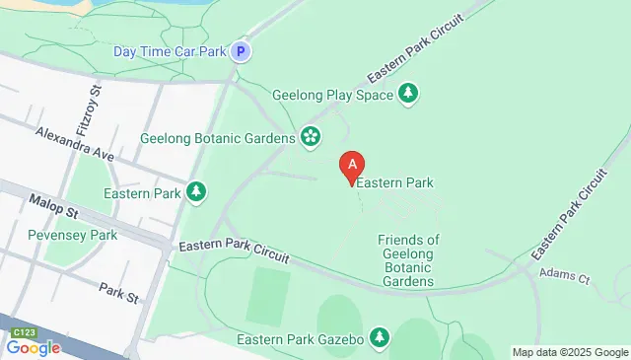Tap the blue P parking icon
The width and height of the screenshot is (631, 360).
(x=241, y=51)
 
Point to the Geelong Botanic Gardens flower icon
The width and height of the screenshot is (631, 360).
(x=311, y=137)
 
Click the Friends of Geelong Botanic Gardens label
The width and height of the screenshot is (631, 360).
(x=408, y=260)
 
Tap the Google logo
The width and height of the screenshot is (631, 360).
(x=33, y=347)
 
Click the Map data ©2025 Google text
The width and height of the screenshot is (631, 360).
(x=570, y=352)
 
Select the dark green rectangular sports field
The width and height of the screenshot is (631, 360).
(x=267, y=295)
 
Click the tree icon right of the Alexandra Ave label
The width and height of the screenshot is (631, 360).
(x=197, y=191)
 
